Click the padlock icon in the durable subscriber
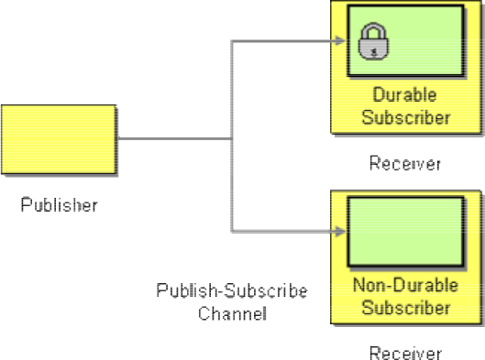(x=373, y=41)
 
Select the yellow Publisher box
(x=59, y=139)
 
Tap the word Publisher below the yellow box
(x=59, y=204)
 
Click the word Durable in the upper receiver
(x=404, y=94)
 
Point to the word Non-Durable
(x=405, y=285)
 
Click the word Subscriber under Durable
(x=406, y=118)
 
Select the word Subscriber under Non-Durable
(x=406, y=308)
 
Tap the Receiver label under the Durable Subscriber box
(x=405, y=163)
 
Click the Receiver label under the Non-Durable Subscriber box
(x=405, y=353)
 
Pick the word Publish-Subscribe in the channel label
(x=232, y=290)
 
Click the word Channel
(x=232, y=313)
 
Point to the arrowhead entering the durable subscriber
(x=340, y=41)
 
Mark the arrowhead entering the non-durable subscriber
(x=340, y=231)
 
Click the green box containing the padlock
(x=406, y=40)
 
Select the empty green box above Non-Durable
(x=406, y=231)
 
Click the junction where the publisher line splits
(x=232, y=138)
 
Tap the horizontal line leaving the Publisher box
(x=174, y=138)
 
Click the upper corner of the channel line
(x=232, y=41)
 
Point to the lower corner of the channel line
(x=232, y=231)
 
